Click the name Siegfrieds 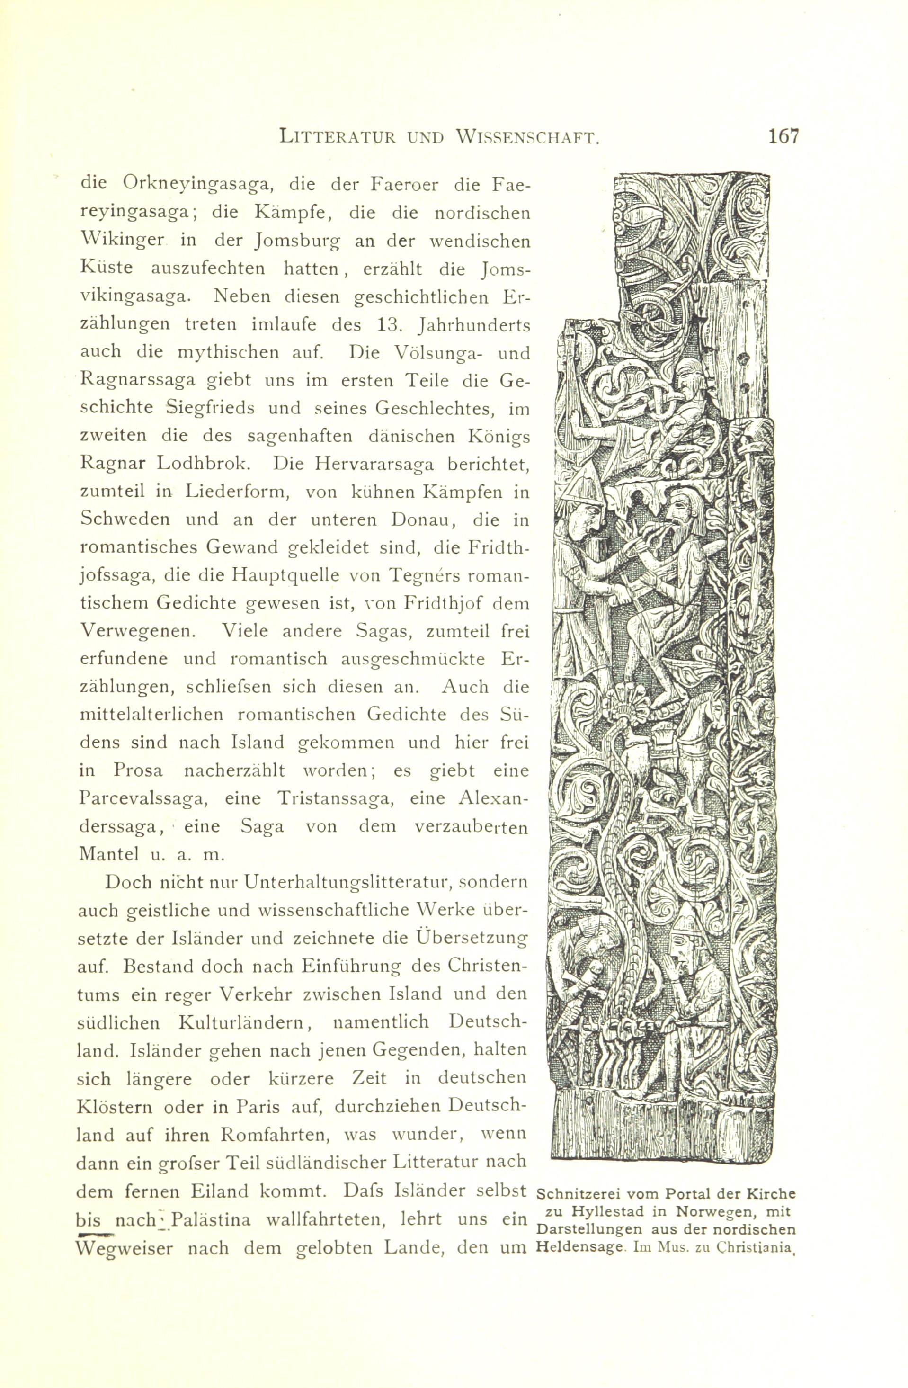(210, 408)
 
